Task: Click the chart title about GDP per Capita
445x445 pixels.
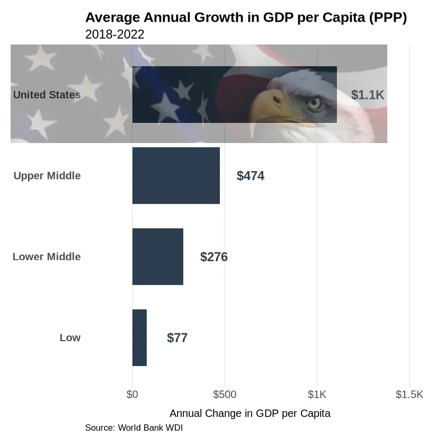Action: [246, 17]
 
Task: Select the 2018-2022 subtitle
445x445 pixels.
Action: [114, 34]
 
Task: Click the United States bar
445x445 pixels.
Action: [234, 95]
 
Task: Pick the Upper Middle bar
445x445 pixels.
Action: [176, 176]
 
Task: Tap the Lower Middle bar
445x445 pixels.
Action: [157, 257]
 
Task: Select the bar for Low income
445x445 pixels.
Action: [139, 338]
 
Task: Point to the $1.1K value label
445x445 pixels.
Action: [368, 95]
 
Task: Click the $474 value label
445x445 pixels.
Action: [251, 176]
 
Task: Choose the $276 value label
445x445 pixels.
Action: [214, 257]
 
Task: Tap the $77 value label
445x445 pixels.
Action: [177, 338]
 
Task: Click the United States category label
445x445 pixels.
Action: [47, 95]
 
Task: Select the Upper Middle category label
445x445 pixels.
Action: [47, 176]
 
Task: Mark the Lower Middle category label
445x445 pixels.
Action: [47, 257]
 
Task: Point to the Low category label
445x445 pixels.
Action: [70, 338]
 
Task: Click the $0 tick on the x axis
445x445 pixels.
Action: [132, 395]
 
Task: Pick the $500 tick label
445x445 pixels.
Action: [225, 395]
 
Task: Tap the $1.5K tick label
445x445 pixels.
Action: [410, 395]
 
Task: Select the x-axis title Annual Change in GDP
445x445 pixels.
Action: [250, 414]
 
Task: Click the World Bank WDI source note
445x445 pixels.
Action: [133, 428]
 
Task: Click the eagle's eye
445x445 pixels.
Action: [315, 102]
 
